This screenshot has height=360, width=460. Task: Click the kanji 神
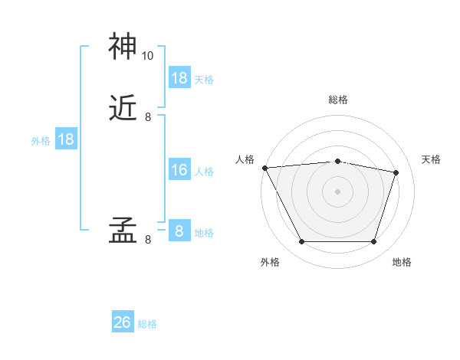click(x=123, y=47)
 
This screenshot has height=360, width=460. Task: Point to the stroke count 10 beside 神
click(x=147, y=56)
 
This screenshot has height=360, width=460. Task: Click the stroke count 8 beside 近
click(x=147, y=117)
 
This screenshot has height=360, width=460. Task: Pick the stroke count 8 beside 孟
click(x=147, y=240)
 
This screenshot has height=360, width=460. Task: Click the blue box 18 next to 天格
click(x=179, y=78)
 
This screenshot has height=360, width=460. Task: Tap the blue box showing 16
click(x=179, y=170)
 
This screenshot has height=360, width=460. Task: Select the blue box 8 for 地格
click(x=179, y=231)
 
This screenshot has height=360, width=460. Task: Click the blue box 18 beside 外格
click(x=66, y=139)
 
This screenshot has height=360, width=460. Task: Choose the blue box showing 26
click(x=123, y=322)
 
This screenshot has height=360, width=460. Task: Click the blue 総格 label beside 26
click(x=147, y=324)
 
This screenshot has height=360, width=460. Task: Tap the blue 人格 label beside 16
click(x=205, y=172)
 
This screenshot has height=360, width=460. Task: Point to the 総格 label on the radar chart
click(x=338, y=100)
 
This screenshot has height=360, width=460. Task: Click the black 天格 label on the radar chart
click(x=431, y=159)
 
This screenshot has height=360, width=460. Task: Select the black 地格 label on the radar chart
click(x=402, y=262)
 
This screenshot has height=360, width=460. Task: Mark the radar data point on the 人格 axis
click(x=264, y=168)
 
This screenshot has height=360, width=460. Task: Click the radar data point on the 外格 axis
click(x=301, y=242)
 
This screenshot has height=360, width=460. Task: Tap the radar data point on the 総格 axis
click(x=337, y=161)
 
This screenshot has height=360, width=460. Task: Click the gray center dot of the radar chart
click(x=337, y=191)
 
